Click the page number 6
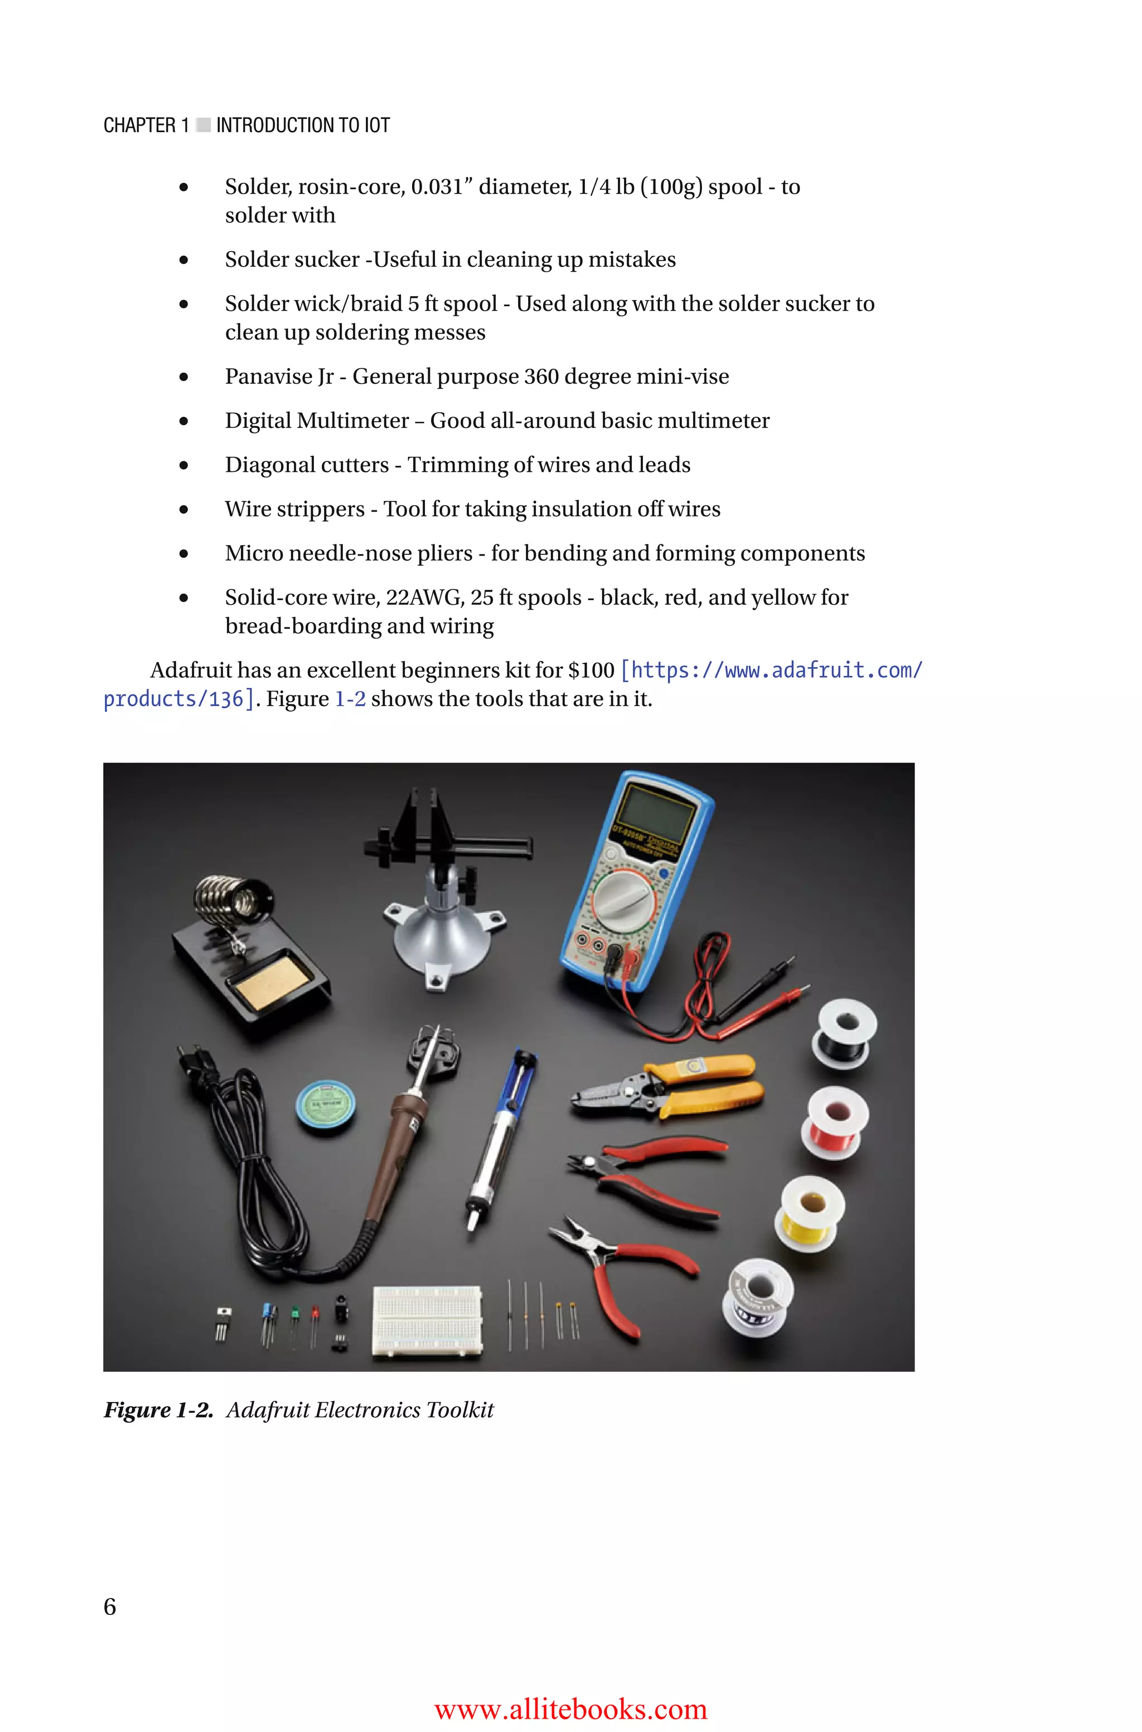110,1606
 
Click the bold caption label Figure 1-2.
158,1410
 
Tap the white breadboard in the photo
428,1320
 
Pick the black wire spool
845,1034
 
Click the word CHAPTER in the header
139,126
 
